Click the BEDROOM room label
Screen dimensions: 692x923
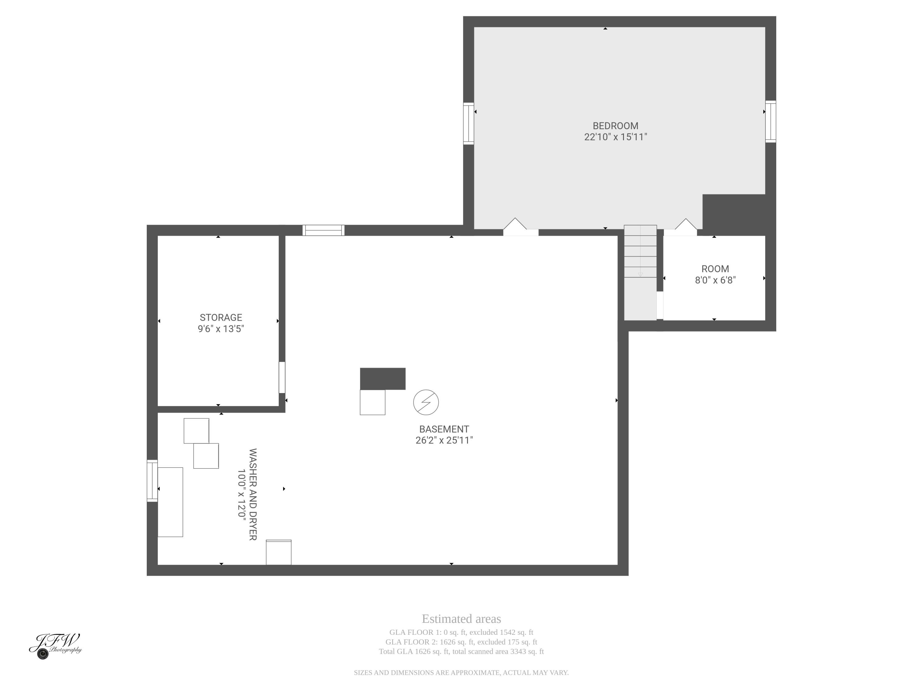[615, 126]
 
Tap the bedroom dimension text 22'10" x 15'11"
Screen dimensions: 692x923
[615, 137]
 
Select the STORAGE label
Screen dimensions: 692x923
[221, 317]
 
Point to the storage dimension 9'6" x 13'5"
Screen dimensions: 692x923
[221, 329]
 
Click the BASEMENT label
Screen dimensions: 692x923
[444, 429]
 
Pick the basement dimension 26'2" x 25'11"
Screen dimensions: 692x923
[444, 440]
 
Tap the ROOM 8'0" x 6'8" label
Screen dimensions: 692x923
[715, 274]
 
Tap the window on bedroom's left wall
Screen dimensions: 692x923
[469, 123]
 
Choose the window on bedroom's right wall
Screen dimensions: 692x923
[770, 121]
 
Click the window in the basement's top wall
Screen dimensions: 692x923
[323, 230]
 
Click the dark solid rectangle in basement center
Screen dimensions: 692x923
[383, 379]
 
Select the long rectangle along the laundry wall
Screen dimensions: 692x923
[170, 502]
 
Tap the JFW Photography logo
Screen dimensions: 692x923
[55, 645]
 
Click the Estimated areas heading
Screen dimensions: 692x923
[461, 618]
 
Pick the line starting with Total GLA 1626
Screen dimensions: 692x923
[461, 651]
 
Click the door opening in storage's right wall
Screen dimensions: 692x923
[282, 377]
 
